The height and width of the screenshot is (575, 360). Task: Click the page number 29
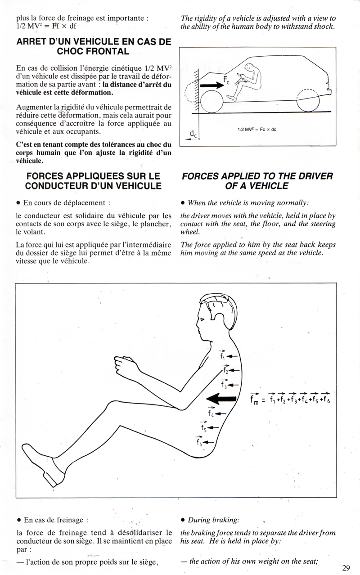pos(346,567)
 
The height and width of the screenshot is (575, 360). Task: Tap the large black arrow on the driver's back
pos(221,399)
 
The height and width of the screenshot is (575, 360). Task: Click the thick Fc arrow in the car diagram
pos(212,85)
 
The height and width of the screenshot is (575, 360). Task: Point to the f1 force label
pos(222,355)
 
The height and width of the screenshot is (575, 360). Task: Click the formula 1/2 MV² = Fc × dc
pos(257,130)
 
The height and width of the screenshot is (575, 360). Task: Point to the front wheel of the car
pos(211,102)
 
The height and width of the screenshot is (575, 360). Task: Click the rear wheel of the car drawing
pos(308,100)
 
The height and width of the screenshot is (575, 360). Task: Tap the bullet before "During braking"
pos(183,520)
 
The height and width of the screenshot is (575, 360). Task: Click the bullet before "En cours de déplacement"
pos(18,203)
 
